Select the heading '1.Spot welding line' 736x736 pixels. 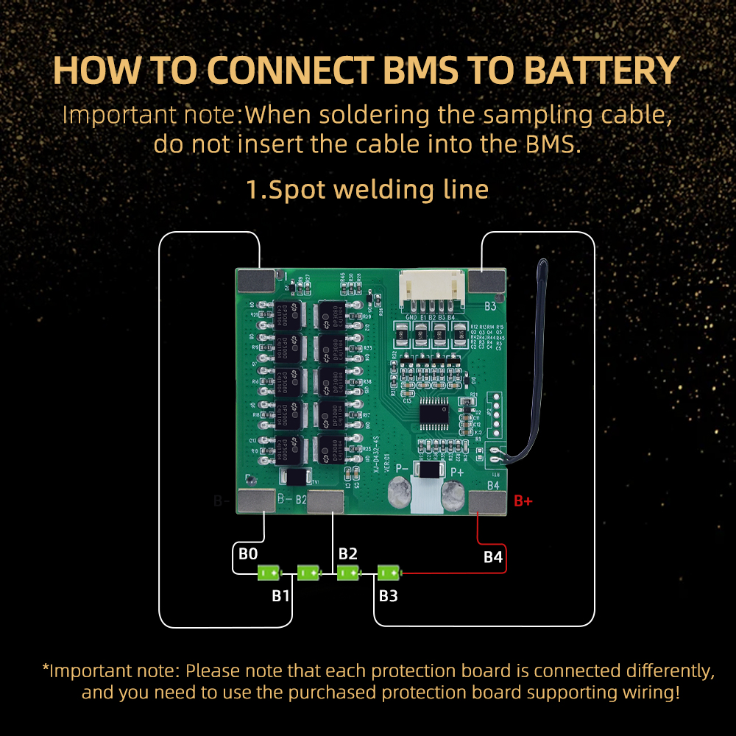(x=367, y=189)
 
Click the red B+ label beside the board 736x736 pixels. (x=523, y=501)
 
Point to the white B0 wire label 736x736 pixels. (x=248, y=553)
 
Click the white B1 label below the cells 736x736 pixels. (x=280, y=595)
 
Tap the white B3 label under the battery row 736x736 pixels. (x=388, y=595)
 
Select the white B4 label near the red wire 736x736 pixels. (x=492, y=557)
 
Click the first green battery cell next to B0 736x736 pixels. (x=269, y=572)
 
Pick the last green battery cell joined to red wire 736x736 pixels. (x=389, y=572)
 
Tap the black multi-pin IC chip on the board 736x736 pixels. (x=434, y=414)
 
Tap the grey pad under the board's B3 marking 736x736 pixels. (x=486, y=280)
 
